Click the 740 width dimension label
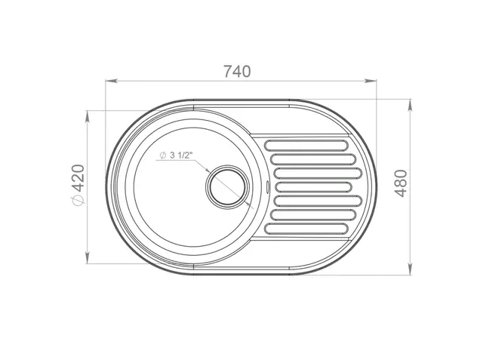(x=237, y=72)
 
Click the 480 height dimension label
(x=401, y=183)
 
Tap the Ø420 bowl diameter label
(x=78, y=185)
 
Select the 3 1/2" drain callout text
(x=180, y=155)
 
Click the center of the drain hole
(x=227, y=187)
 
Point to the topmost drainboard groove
(x=306, y=146)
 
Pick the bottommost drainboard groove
(x=306, y=229)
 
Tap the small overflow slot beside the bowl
(x=268, y=186)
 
